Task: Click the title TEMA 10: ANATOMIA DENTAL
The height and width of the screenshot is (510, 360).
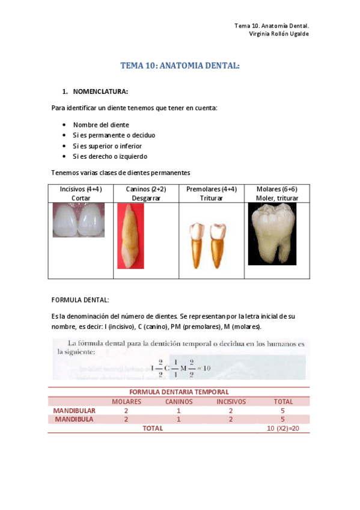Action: [x=180, y=66]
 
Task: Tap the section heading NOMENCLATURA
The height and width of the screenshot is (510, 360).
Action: [x=100, y=92]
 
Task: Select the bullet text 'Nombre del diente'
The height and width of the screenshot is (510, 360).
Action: [x=101, y=124]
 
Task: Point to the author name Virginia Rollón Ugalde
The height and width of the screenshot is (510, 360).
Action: [x=279, y=34]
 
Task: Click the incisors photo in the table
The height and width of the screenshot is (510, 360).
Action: [x=78, y=221]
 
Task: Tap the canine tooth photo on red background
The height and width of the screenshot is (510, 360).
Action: [x=130, y=236]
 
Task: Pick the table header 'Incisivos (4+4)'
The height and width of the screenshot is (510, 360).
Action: [x=81, y=189]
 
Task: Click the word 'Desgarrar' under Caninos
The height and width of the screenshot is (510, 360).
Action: [x=146, y=198]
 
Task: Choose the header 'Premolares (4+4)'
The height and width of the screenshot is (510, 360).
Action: [x=211, y=189]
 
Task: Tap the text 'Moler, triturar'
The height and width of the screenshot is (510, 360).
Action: [x=276, y=198]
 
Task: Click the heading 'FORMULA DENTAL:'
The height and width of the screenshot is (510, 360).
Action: [x=80, y=300]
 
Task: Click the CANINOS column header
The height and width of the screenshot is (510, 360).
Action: [x=179, y=401]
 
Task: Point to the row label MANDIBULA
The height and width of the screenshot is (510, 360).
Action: [x=74, y=419]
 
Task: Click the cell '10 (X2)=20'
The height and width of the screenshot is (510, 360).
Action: [x=282, y=428]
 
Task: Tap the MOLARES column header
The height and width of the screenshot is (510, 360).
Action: [x=126, y=401]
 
